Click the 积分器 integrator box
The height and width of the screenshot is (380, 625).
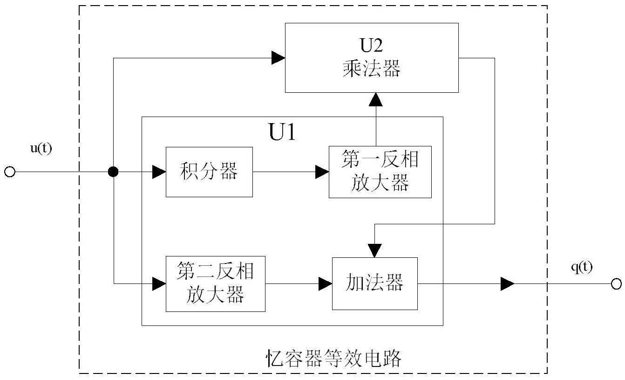tap(209, 172)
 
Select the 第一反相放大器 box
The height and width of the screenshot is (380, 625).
tap(380, 172)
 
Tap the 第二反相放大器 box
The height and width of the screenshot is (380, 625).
tap(215, 283)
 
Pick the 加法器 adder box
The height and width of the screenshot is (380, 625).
tap(374, 283)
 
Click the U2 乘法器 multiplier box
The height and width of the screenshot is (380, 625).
tap(372, 57)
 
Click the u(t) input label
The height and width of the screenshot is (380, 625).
tap(41, 151)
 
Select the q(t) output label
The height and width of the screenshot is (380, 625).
tap(582, 267)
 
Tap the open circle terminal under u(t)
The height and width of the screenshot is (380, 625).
tap(9, 172)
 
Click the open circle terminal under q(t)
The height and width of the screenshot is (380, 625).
tap(616, 283)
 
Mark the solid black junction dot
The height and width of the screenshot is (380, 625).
tap(113, 172)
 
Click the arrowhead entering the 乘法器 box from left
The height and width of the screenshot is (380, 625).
tap(278, 58)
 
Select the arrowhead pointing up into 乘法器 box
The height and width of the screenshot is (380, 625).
tap(375, 99)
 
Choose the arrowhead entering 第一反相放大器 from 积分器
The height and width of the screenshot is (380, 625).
tap(322, 172)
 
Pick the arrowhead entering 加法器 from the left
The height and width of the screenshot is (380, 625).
tap(325, 283)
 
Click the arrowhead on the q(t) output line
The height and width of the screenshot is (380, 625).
tap(507, 283)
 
